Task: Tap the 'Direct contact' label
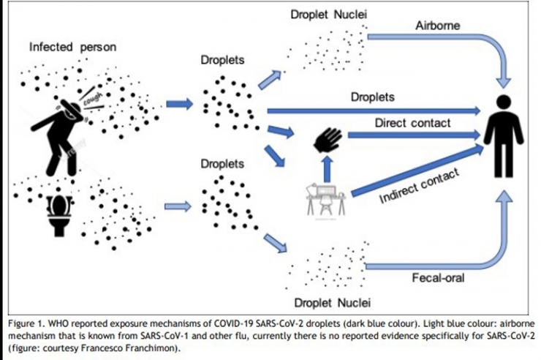tap(412, 122)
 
